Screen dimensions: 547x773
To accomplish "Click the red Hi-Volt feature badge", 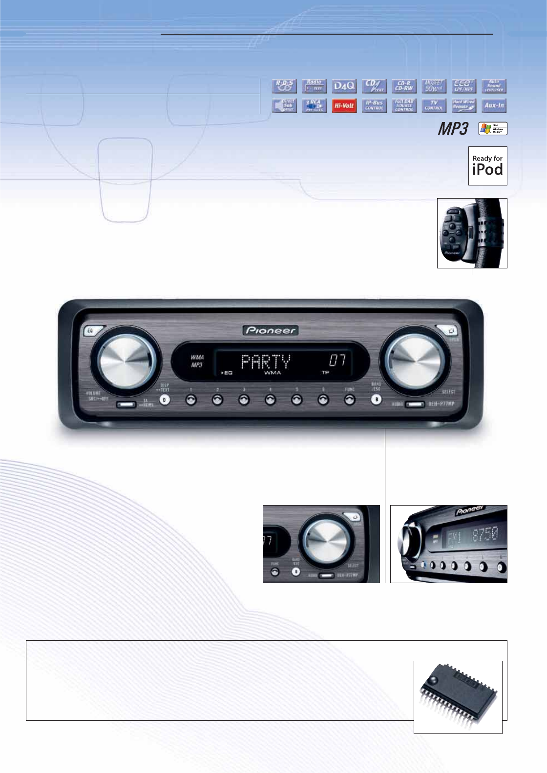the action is point(344,105).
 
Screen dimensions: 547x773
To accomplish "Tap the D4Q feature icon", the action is point(344,86).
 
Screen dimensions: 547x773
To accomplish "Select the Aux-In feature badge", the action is point(494,105).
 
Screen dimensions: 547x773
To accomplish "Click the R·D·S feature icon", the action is point(284,86).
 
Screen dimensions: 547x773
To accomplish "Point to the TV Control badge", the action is point(434,105).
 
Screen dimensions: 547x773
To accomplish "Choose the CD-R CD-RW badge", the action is point(404,86).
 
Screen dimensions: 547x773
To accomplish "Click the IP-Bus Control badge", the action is point(374,105).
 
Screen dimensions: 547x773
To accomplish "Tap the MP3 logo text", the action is point(453,129).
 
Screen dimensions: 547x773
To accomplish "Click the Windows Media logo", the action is point(493,128).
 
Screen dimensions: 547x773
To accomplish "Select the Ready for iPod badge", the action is point(487,166).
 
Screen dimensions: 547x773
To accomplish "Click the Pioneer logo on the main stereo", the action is point(271,330).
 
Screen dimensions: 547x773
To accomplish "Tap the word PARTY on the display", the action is point(266,362).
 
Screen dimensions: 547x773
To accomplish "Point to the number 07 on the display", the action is point(337,361).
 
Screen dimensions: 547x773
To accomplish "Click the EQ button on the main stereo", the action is point(90,331).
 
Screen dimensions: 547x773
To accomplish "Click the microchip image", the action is point(458,697).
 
